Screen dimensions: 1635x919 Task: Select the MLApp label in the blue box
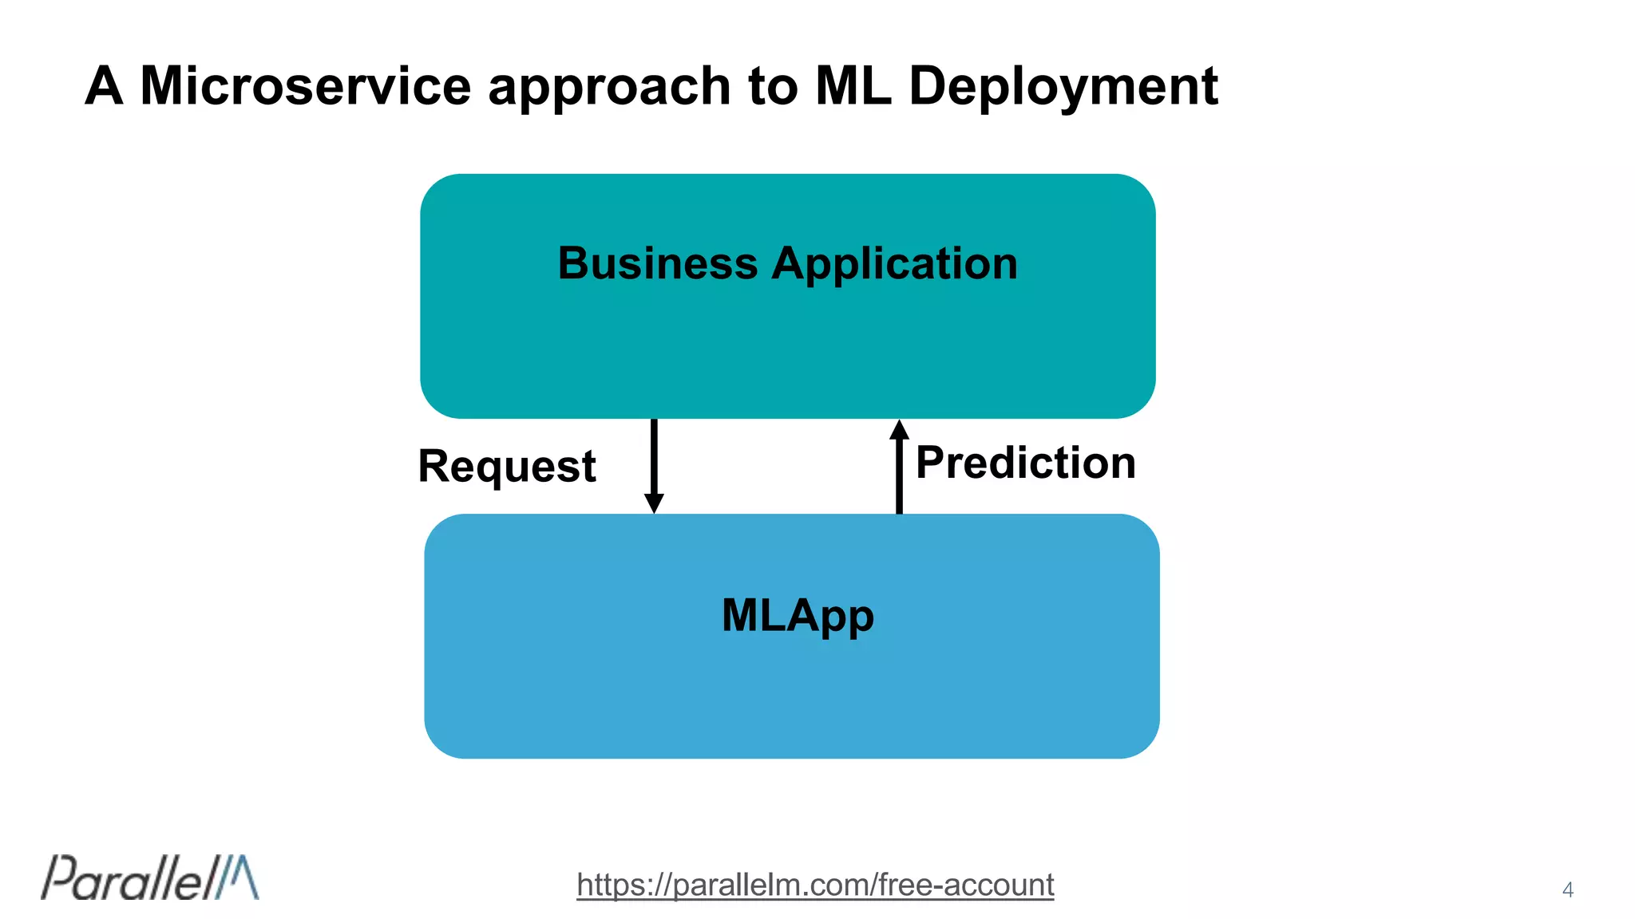click(x=798, y=617)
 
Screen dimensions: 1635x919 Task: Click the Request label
click(x=507, y=467)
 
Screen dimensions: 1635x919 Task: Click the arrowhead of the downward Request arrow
click(x=654, y=503)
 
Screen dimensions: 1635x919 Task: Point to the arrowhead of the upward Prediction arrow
click(x=899, y=429)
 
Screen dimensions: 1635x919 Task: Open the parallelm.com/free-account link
click(x=815, y=885)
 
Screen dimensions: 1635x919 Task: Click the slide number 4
click(x=1568, y=889)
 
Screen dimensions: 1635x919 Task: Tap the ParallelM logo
click(x=150, y=878)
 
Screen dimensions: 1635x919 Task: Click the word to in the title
click(x=773, y=86)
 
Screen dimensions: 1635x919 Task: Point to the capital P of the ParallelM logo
click(x=57, y=878)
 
